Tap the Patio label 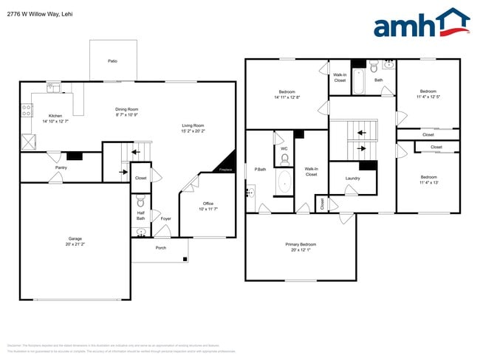pyautogui.click(x=112, y=61)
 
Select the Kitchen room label pyautogui.click(x=55, y=116)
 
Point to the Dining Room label pyautogui.click(x=127, y=109)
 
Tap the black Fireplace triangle pyautogui.click(x=228, y=162)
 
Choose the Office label pyautogui.click(x=208, y=203)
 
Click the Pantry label pyautogui.click(x=61, y=167)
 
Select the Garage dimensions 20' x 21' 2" pyautogui.click(x=75, y=243)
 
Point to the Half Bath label pyautogui.click(x=140, y=215)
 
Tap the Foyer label pyautogui.click(x=165, y=218)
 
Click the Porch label pyautogui.click(x=161, y=247)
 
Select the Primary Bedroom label pyautogui.click(x=301, y=243)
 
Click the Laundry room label pyautogui.click(x=352, y=178)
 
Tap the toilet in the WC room pyautogui.click(x=284, y=158)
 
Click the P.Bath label pyautogui.click(x=260, y=168)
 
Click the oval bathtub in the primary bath pyautogui.click(x=284, y=182)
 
